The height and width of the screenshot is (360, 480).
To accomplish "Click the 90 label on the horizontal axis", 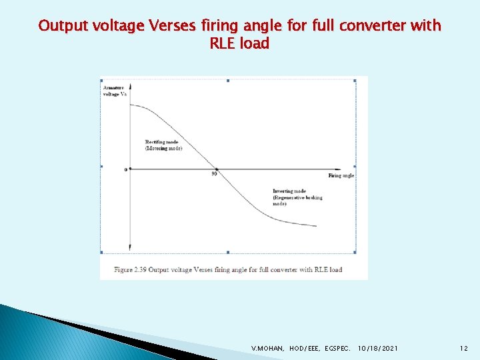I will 215,175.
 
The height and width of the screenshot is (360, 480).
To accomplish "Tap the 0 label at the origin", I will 125,169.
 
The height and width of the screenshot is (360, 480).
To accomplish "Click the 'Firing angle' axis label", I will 341,175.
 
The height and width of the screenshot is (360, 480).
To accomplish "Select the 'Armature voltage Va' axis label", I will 113,91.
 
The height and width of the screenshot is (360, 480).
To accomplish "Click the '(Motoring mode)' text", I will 163,148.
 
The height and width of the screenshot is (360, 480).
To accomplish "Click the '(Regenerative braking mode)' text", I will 297,200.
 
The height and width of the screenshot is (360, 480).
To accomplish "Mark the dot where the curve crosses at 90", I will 215,169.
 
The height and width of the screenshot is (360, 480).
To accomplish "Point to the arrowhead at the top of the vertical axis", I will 130,86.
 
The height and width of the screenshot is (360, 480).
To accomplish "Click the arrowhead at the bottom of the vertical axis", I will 130,247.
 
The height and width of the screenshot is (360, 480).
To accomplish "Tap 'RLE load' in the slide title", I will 239,44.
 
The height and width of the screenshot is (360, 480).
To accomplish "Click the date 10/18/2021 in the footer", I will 378,348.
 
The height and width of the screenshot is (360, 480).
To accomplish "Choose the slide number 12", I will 463,348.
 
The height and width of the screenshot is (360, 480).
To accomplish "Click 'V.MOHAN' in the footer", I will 267,348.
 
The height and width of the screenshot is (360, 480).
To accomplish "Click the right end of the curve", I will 315,226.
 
